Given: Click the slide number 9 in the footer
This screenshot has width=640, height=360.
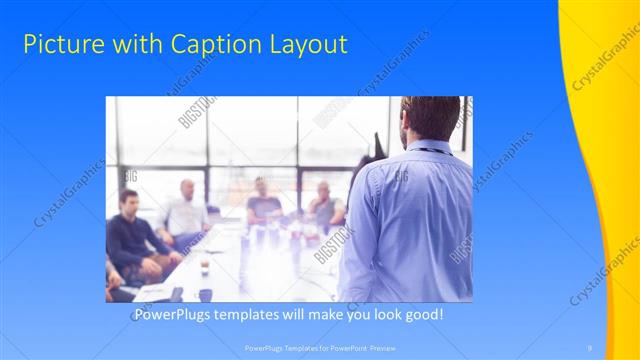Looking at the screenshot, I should click(x=590, y=347).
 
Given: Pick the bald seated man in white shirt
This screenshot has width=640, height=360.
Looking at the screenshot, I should click(x=186, y=211).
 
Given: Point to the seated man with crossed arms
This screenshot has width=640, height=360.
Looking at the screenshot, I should click(x=325, y=205).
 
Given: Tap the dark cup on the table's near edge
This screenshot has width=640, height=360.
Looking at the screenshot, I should click(x=205, y=294).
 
